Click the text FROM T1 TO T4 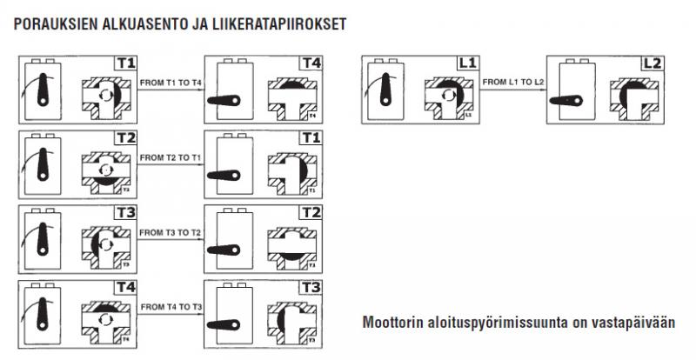[171, 81]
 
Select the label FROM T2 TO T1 [171, 157]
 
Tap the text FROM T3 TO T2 [171, 232]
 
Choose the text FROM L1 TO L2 [513, 81]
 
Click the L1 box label [467, 63]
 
